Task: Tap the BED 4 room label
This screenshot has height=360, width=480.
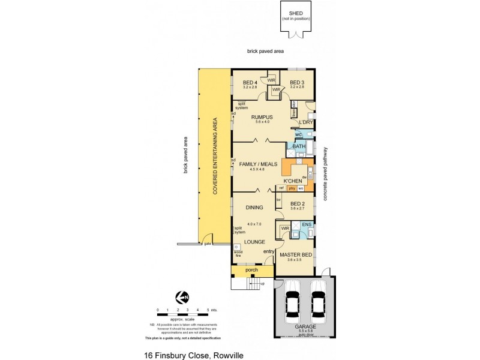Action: click(250, 82)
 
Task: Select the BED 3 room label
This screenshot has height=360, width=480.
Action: click(298, 82)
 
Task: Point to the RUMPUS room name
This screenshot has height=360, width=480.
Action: click(262, 117)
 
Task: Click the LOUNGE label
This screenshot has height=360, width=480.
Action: click(255, 242)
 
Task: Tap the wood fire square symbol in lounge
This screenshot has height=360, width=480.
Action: click(237, 247)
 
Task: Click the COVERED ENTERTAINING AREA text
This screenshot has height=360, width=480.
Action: click(214, 156)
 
